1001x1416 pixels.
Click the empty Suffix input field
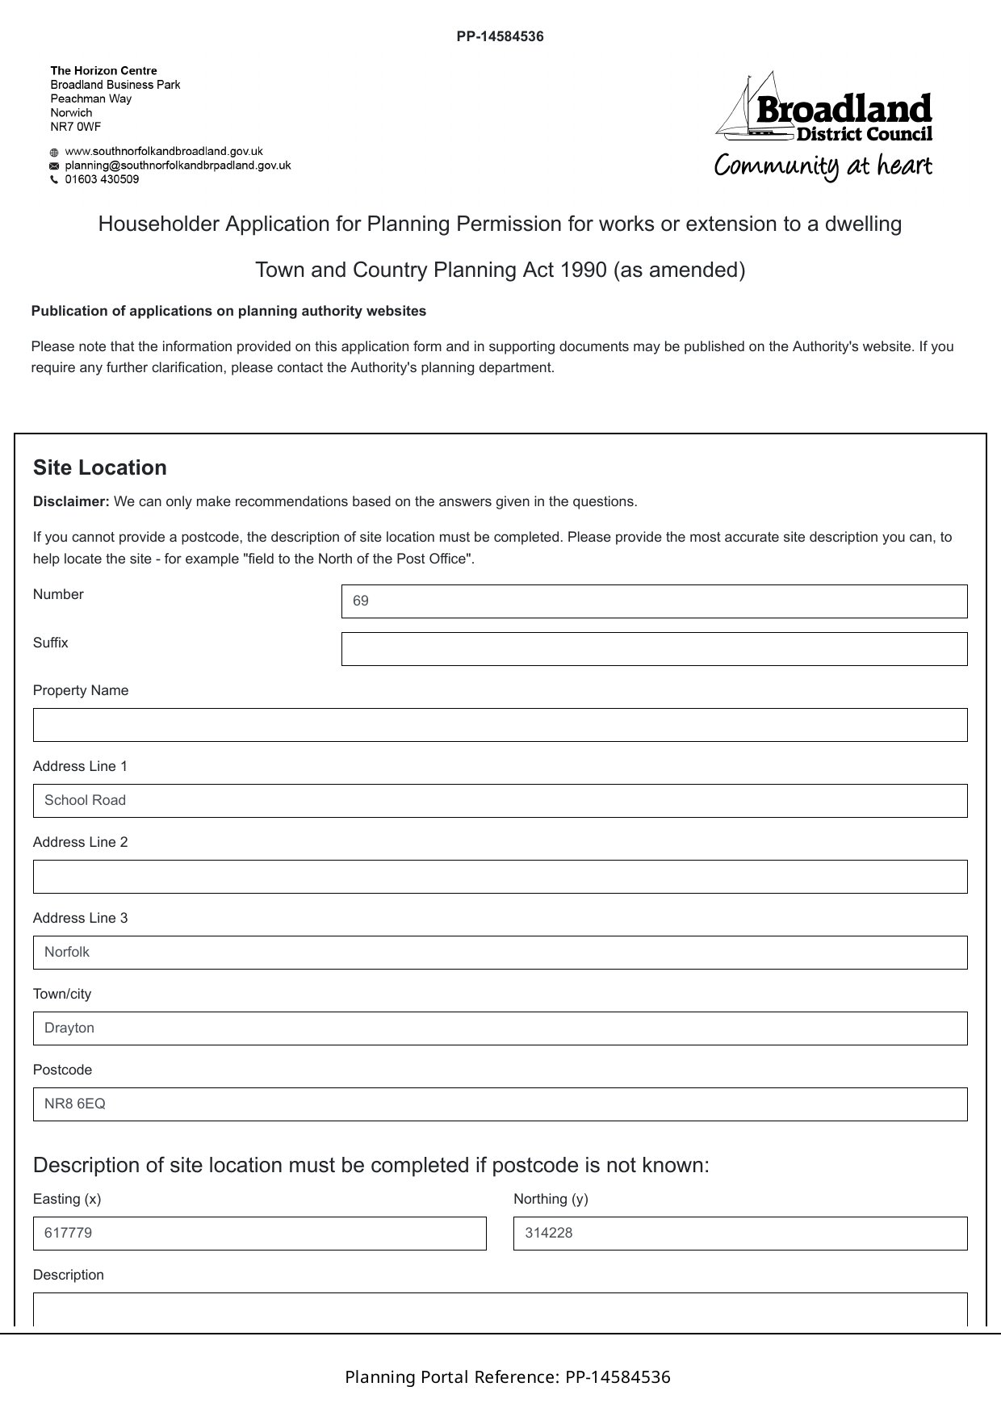(x=654, y=649)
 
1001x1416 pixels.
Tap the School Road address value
(x=86, y=801)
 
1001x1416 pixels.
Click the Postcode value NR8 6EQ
(x=75, y=1104)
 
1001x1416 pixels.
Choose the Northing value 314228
(x=548, y=1234)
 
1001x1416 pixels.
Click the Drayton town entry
(x=69, y=1028)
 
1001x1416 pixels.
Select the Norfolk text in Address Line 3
(x=67, y=953)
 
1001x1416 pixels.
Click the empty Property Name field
(x=500, y=725)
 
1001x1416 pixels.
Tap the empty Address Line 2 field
(x=500, y=877)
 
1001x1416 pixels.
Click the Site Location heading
(x=100, y=468)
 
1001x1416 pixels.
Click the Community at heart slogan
(x=823, y=166)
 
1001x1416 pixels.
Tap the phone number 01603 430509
(x=102, y=179)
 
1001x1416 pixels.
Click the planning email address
(x=178, y=165)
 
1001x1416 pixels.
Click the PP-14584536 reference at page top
(x=500, y=36)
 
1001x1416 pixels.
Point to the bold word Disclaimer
(x=71, y=502)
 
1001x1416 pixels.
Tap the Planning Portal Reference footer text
(x=507, y=1377)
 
